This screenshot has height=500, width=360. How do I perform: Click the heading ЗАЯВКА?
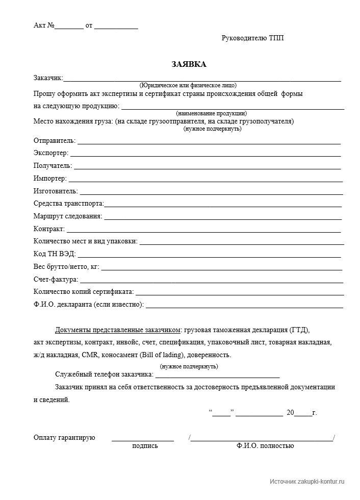(x=189, y=64)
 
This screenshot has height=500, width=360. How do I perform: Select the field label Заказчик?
(x=48, y=78)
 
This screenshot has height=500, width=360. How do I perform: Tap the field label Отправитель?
(x=55, y=140)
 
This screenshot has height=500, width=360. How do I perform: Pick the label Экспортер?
(x=51, y=153)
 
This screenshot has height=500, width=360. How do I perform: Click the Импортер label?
(x=50, y=179)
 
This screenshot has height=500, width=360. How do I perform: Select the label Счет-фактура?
(x=56, y=280)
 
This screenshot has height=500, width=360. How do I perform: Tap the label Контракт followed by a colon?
(x=49, y=229)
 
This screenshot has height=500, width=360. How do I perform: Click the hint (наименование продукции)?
(x=211, y=113)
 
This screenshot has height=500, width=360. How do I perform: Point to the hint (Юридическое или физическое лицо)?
(x=188, y=86)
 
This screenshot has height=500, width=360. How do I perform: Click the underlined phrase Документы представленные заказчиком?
(x=118, y=330)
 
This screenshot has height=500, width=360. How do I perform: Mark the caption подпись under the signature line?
(x=145, y=446)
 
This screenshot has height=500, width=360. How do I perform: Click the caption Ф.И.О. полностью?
(x=265, y=446)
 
